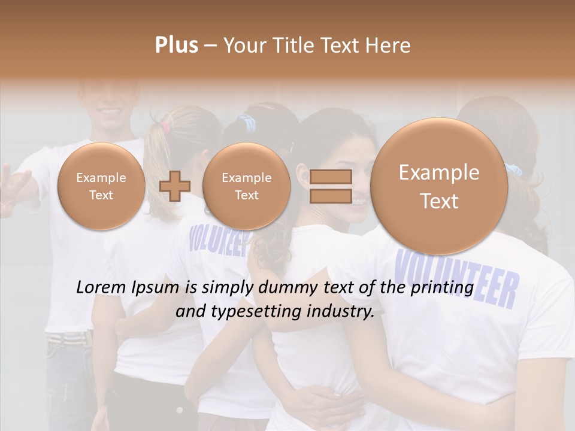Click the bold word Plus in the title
(176, 45)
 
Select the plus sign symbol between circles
(175, 186)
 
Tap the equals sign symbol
(331, 186)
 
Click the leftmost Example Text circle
(101, 186)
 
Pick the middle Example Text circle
(246, 186)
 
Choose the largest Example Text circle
(439, 186)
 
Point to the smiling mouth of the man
(109, 111)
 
